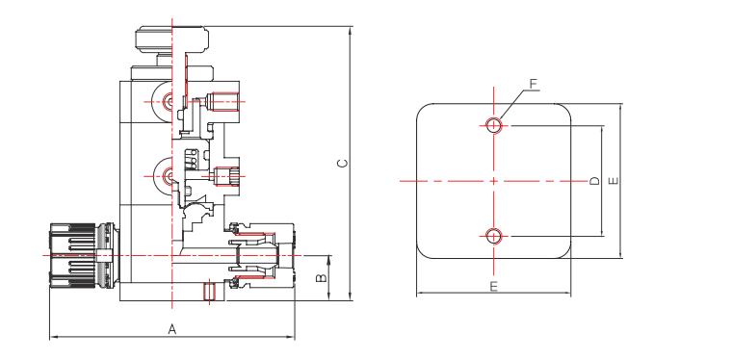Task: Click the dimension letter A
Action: click(x=172, y=329)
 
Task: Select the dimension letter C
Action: click(x=341, y=163)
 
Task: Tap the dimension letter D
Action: click(x=594, y=180)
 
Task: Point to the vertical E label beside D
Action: click(x=614, y=180)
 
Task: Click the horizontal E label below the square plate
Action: click(x=493, y=287)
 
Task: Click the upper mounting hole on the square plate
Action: click(x=494, y=124)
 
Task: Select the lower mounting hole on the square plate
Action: click(x=494, y=236)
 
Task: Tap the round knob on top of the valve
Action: click(x=170, y=41)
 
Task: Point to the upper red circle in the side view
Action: click(x=170, y=100)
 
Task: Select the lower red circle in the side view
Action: click(x=170, y=174)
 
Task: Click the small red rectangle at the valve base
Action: click(x=209, y=291)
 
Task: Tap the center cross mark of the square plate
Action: click(x=494, y=180)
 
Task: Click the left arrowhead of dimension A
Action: click(x=52, y=337)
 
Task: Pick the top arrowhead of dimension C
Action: click(x=350, y=30)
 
